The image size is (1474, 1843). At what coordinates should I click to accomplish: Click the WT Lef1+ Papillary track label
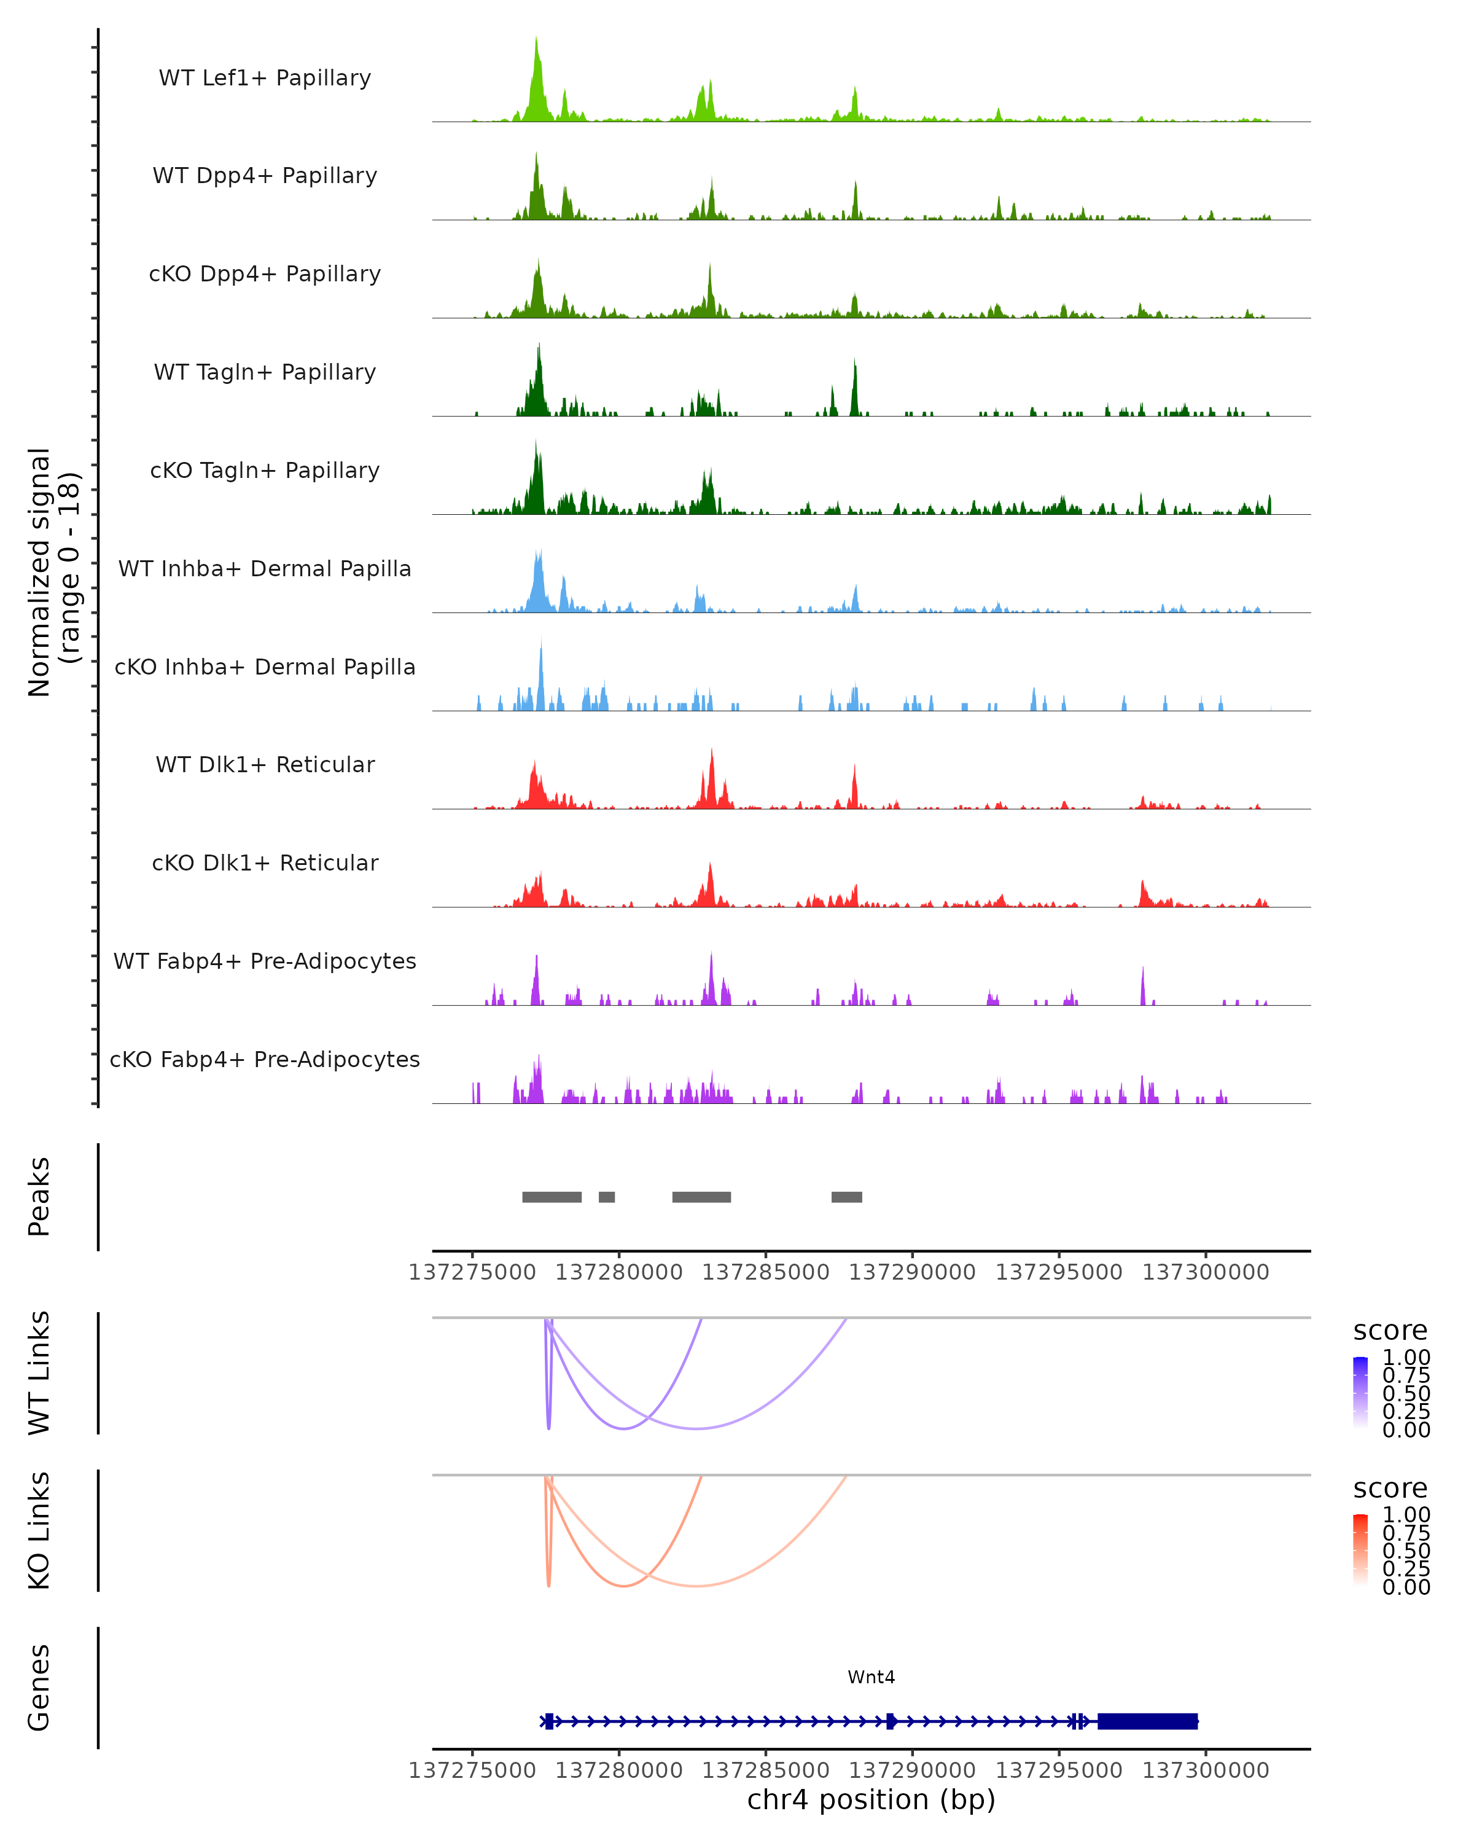point(265,78)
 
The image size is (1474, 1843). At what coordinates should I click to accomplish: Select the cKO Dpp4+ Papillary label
point(265,275)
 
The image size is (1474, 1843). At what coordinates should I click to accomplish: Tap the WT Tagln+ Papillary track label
point(265,373)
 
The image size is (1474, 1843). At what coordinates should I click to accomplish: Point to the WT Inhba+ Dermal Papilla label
point(265,569)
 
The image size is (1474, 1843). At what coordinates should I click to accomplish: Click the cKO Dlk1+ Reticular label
point(265,863)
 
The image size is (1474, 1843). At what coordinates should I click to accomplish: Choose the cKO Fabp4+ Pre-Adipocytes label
point(265,1060)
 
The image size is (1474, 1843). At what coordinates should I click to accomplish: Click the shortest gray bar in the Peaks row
point(607,1197)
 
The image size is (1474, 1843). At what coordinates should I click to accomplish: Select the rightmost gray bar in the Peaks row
point(847,1197)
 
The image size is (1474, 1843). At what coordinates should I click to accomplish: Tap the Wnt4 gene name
point(871,1677)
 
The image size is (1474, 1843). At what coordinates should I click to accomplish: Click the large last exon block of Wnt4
point(1148,1721)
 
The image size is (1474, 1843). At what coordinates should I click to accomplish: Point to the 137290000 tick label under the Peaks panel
point(912,1273)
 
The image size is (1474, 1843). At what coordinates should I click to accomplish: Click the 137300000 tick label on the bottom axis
point(1206,1771)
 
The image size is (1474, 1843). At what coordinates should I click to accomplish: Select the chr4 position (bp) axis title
point(871,1800)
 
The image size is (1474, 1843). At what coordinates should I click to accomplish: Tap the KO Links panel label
point(39,1531)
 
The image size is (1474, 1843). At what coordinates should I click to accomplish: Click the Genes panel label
point(39,1688)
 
